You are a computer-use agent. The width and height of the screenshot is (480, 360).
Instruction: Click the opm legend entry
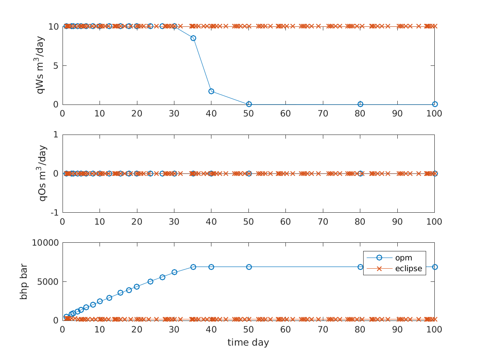(403, 258)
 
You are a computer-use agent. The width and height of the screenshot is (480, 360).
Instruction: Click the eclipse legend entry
(408, 269)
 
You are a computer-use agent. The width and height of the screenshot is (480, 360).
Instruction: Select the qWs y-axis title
(41, 65)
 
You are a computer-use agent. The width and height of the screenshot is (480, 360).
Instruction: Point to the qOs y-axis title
(42, 173)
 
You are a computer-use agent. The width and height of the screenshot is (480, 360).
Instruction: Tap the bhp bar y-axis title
(24, 281)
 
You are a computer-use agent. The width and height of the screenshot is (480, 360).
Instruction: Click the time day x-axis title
(248, 342)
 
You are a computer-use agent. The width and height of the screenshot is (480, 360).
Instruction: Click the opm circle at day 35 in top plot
(193, 38)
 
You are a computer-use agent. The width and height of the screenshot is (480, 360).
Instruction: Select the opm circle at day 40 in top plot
(211, 91)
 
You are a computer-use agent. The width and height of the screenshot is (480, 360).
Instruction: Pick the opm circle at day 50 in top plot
(248, 104)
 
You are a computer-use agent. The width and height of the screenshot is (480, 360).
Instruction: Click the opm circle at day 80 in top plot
(360, 104)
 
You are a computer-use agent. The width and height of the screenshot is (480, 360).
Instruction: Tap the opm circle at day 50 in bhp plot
(248, 267)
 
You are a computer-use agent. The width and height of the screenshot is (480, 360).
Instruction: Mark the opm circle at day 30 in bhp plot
(174, 272)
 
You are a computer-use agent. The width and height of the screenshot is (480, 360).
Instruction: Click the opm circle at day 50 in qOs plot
(248, 174)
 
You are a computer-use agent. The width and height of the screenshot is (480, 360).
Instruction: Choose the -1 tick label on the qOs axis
(54, 213)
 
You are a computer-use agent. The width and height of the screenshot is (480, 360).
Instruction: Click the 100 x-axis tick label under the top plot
(434, 113)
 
